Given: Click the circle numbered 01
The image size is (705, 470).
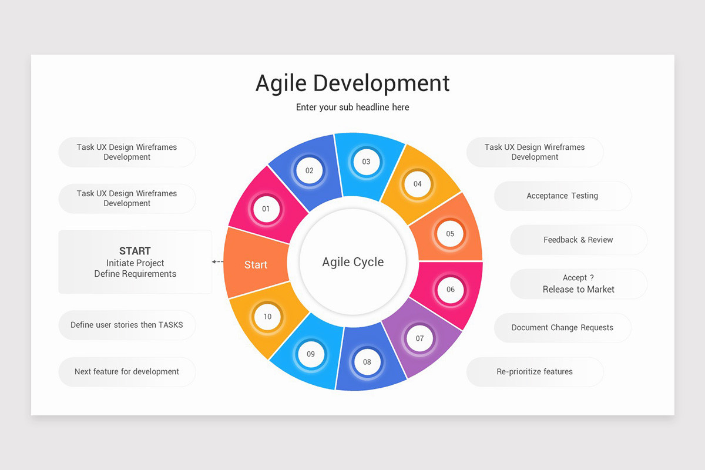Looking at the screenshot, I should click(266, 209).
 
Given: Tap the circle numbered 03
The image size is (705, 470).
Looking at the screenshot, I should click(366, 162).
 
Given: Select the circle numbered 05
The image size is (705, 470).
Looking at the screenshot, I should click(450, 234).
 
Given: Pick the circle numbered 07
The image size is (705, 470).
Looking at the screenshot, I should click(419, 338).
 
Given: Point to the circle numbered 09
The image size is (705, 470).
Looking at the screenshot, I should click(311, 354).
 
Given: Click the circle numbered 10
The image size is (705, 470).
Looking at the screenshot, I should click(267, 317).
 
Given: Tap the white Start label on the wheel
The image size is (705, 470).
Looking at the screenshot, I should click(256, 265).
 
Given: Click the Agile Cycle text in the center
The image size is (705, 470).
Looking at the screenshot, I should click(352, 262).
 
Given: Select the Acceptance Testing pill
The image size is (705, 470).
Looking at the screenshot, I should click(562, 196).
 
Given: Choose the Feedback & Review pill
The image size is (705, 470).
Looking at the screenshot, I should click(578, 240).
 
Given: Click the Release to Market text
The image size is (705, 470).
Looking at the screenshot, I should click(578, 289).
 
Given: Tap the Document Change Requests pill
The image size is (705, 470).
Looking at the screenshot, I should click(562, 328).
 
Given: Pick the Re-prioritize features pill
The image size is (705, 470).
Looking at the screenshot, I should click(535, 372).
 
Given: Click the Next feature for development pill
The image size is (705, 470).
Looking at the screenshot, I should click(127, 372).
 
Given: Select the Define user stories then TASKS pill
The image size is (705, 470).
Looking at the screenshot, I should click(127, 325).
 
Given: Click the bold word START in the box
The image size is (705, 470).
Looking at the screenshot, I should click(135, 251).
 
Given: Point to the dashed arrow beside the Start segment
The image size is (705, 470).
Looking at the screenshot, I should click(217, 261).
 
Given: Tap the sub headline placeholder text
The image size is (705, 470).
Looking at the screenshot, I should click(352, 108).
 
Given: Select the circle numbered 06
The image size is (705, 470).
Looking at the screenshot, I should click(450, 289).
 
